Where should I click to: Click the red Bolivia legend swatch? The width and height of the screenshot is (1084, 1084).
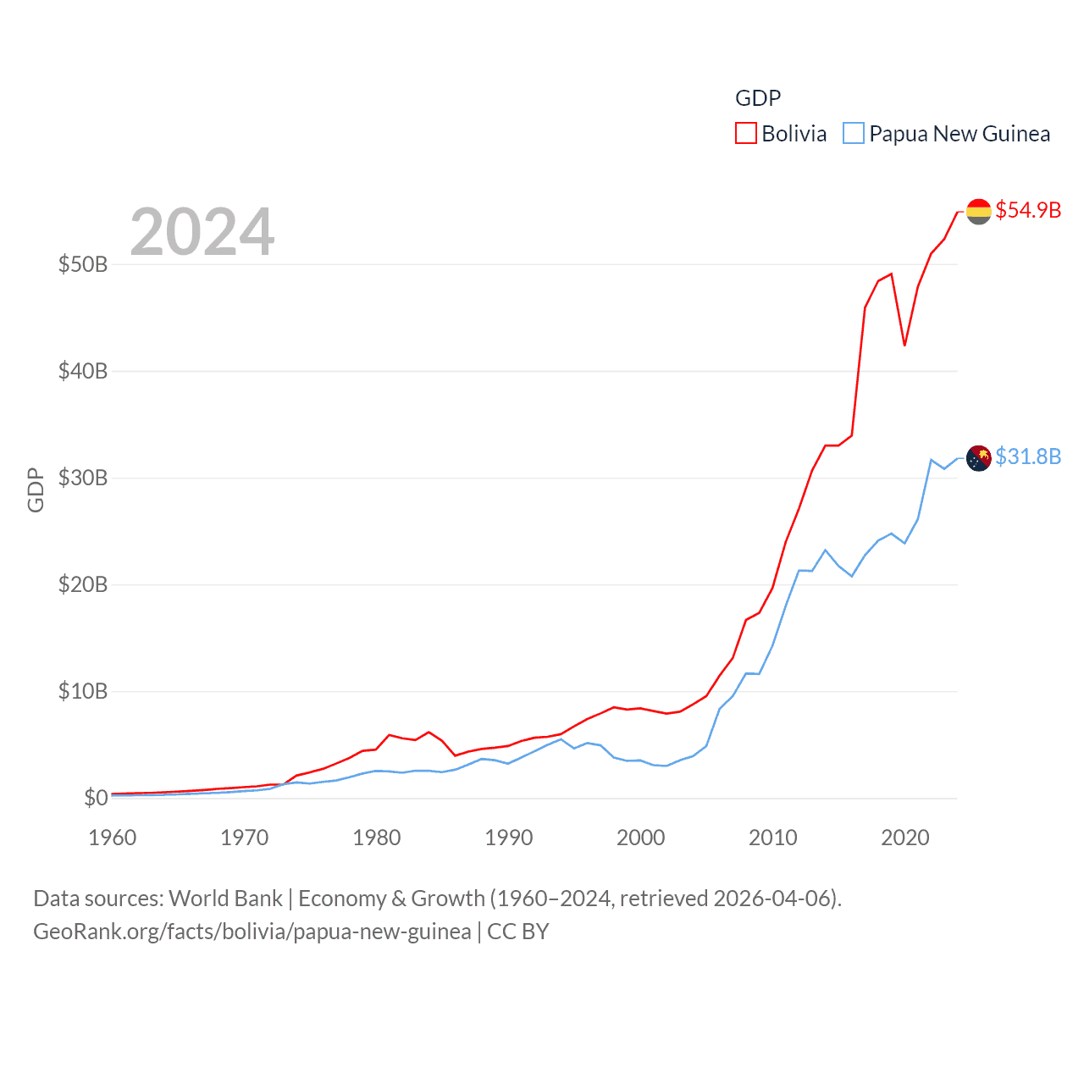tap(745, 134)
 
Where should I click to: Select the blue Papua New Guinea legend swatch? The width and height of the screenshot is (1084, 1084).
tap(854, 134)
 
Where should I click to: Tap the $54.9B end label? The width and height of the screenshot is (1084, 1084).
tap(1028, 210)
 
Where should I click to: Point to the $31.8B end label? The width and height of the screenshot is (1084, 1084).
tap(1028, 456)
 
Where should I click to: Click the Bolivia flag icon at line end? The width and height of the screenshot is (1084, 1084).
tap(979, 211)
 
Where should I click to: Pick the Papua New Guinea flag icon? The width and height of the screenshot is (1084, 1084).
tap(979, 458)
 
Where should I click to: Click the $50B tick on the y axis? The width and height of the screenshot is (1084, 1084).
tap(83, 264)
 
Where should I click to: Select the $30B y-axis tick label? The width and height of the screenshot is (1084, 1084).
tap(83, 478)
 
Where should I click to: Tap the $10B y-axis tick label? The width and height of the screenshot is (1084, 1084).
tap(83, 691)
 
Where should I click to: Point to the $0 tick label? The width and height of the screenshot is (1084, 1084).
tap(96, 798)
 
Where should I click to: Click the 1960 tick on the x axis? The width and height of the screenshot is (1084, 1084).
tap(113, 838)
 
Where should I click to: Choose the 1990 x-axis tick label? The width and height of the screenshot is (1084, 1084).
tap(509, 838)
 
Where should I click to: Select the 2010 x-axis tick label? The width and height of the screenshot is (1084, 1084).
tap(773, 838)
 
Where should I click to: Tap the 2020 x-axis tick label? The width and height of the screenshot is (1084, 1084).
tap(905, 838)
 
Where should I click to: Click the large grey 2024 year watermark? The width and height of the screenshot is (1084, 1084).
tap(202, 231)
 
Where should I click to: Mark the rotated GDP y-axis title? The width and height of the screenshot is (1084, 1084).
tap(36, 489)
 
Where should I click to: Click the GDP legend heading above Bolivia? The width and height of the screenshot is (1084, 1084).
tap(758, 98)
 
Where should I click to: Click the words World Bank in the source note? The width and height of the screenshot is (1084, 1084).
tap(226, 898)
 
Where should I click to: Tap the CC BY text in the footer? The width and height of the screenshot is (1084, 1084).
tap(518, 932)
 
